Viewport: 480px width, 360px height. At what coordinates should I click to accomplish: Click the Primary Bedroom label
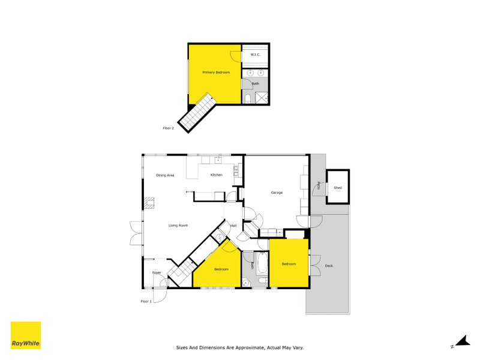tap(216, 72)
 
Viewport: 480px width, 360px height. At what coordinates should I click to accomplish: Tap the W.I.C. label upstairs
tap(254, 55)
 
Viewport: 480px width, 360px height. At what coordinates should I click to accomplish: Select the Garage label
tap(276, 193)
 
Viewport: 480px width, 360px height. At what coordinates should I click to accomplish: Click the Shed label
tap(338, 188)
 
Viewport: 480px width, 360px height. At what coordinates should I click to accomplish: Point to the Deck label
tap(329, 265)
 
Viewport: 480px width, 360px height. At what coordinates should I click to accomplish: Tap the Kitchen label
tap(216, 175)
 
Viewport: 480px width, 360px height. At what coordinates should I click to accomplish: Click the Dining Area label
tap(165, 175)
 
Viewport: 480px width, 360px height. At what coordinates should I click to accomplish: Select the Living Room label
tap(178, 225)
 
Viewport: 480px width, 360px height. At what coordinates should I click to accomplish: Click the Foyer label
tap(157, 272)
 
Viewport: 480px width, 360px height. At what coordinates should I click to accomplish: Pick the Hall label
tap(233, 225)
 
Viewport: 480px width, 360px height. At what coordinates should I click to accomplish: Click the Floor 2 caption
tap(168, 128)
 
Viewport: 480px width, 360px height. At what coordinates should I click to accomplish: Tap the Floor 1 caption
tap(146, 301)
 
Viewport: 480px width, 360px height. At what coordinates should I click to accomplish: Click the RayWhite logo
tap(26, 335)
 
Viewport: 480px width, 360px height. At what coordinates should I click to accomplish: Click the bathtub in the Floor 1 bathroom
tap(262, 265)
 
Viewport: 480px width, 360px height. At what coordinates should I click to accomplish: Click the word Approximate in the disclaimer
tap(242, 347)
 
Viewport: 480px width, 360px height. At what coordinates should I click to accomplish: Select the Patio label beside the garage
tap(319, 187)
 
